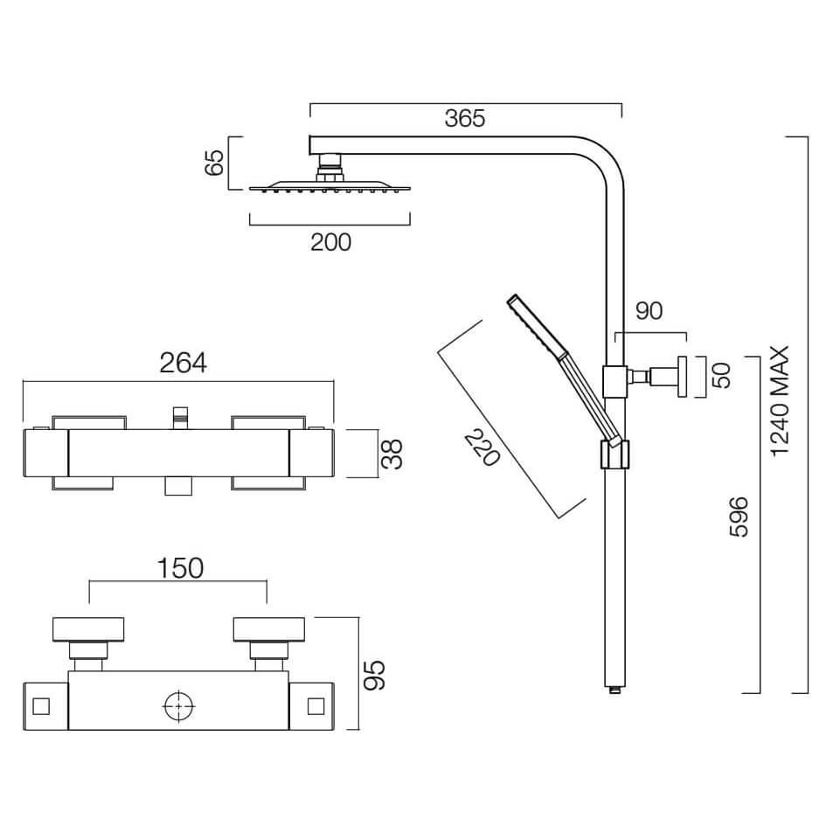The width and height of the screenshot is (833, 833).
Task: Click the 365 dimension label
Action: tap(465, 119)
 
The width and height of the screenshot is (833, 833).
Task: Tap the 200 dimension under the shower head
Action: tap(330, 242)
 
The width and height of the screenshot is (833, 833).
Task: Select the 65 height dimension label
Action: tap(215, 163)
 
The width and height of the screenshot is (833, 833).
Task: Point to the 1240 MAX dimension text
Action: tap(781, 401)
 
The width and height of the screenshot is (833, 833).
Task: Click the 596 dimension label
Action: tap(739, 517)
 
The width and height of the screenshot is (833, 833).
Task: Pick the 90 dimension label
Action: tap(649, 311)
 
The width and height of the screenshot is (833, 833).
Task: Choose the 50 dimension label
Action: tap(722, 376)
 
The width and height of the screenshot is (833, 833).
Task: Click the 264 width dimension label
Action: tap(183, 363)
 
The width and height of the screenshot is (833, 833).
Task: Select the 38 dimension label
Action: tap(392, 455)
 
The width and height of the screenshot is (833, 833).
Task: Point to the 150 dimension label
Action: tap(180, 568)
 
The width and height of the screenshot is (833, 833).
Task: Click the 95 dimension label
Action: tap(374, 675)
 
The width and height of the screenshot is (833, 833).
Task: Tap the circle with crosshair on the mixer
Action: tap(179, 706)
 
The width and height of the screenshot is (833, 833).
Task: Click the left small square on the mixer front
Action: tap(41, 706)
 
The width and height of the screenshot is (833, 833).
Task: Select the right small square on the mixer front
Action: tap(316, 706)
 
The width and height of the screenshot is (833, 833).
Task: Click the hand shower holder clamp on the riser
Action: tap(614, 455)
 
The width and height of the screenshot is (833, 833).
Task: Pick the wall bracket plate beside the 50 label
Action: tap(682, 377)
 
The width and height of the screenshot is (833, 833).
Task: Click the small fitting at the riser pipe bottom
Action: tap(614, 691)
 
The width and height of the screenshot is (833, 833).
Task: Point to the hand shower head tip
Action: tap(513, 299)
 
